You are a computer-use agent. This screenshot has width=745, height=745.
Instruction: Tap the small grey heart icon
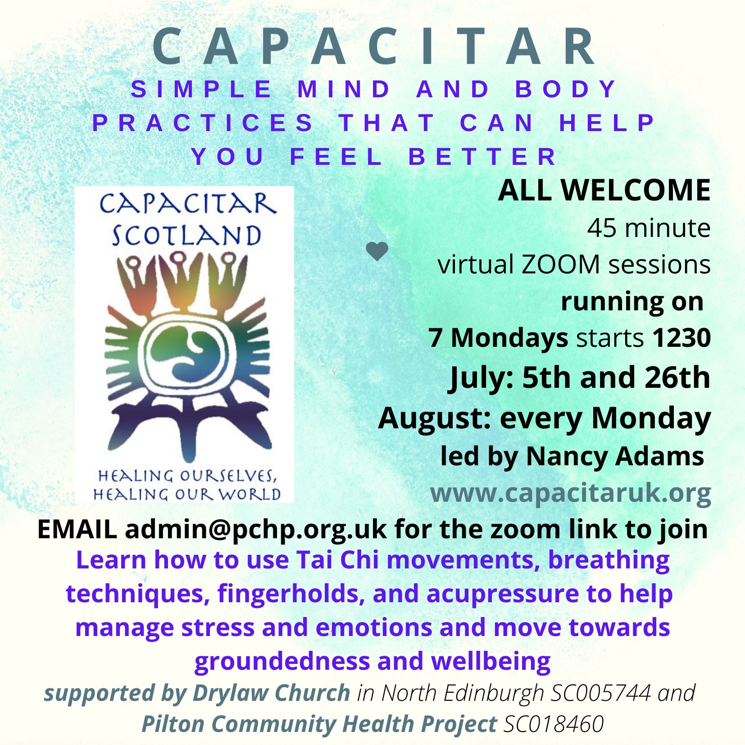(377, 251)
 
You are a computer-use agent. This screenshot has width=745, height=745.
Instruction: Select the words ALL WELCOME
(604, 190)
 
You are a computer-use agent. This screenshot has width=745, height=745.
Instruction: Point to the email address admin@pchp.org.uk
(255, 529)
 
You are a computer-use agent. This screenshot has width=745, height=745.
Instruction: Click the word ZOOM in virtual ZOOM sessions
(560, 264)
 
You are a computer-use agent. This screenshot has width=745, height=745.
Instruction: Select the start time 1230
(681, 338)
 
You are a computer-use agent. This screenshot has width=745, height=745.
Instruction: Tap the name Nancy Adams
(614, 456)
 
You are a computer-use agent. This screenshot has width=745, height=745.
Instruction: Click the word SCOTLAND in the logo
(186, 235)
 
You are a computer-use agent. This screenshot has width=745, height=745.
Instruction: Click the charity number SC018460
(554, 724)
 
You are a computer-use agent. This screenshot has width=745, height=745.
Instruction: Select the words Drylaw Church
(271, 693)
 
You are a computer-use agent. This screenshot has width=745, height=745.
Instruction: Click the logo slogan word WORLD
(250, 494)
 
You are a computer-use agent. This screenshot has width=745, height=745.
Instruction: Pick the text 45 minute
(649, 228)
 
